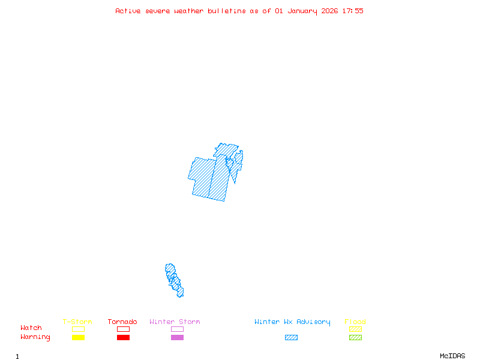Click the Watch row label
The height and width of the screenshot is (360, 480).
pyautogui.click(x=31, y=328)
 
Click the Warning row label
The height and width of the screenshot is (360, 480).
pyautogui.click(x=35, y=337)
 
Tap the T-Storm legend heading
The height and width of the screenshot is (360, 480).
pyautogui.click(x=77, y=322)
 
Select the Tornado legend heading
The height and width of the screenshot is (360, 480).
pyautogui.click(x=122, y=322)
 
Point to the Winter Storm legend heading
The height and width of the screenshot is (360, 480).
pyautogui.click(x=175, y=322)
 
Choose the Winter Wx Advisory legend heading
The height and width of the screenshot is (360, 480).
pyautogui.click(x=292, y=322)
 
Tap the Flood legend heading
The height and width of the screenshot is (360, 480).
pyautogui.click(x=355, y=322)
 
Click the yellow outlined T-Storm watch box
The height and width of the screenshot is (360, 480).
pyautogui.click(x=78, y=329)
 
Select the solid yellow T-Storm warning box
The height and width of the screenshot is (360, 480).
pyautogui.click(x=78, y=337)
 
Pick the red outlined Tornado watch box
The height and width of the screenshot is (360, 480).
pyautogui.click(x=123, y=329)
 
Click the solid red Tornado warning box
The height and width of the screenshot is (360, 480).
pyautogui.click(x=123, y=337)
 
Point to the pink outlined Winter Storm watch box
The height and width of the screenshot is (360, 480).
pyautogui.click(x=177, y=329)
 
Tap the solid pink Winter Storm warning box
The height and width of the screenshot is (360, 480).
pyautogui.click(x=177, y=337)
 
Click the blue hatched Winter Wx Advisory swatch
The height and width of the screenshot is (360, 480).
pyautogui.click(x=291, y=337)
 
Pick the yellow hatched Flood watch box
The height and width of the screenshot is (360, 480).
pyautogui.click(x=355, y=329)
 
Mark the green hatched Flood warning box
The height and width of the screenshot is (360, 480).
pyautogui.click(x=355, y=337)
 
